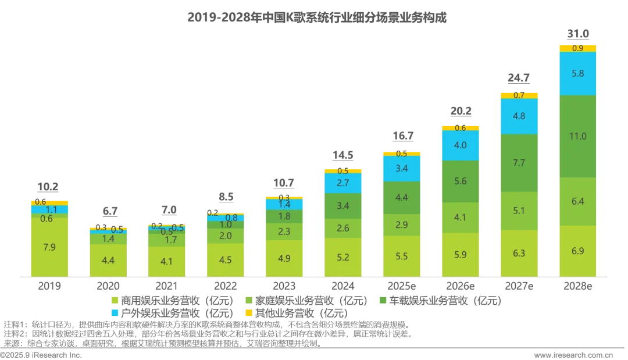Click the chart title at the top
tap(317, 17)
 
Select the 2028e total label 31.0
tap(578, 34)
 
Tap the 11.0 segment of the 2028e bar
tap(577, 136)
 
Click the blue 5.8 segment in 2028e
tap(577, 74)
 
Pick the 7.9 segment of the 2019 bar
tap(49, 247)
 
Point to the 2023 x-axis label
tap(284, 286)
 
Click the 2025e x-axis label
tap(401, 286)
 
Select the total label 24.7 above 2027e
tap(519, 78)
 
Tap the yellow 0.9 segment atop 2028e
tap(577, 48)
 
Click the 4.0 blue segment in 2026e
tap(460, 145)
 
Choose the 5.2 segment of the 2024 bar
tap(343, 258)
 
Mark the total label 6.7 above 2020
tap(110, 211)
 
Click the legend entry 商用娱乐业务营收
tap(172, 301)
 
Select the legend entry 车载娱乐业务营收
tap(440, 301)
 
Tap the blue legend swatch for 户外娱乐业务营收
tap(115, 313)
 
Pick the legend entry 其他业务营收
tap(297, 313)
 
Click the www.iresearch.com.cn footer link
tap(573, 355)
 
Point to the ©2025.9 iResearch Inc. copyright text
tap(41, 355)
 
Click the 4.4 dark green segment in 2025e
tap(401, 198)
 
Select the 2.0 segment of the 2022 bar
tap(226, 236)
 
